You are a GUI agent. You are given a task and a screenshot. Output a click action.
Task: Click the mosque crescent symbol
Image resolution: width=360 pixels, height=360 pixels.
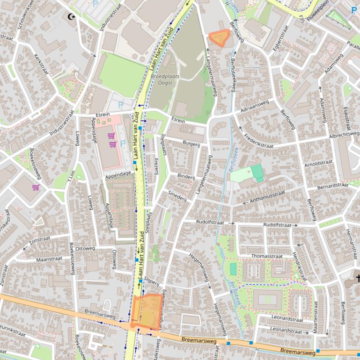(x=71, y=17)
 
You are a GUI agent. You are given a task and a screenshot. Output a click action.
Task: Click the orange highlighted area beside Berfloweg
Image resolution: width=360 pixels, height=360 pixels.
(x=219, y=38)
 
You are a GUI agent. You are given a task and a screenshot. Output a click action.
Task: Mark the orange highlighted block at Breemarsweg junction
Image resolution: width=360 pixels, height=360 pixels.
(x=147, y=310)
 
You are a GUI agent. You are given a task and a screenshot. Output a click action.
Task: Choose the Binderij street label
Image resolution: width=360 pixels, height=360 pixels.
(x=186, y=177)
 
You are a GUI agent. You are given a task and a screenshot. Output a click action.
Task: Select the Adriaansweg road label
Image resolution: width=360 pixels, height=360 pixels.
(x=255, y=108)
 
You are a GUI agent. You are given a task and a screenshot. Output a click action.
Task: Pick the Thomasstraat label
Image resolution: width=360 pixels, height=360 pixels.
(x=267, y=256)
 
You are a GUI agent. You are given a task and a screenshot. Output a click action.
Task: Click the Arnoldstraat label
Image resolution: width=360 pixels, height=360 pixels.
(x=318, y=164)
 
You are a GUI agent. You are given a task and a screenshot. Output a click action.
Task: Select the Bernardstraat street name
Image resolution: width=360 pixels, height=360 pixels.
(x=332, y=187)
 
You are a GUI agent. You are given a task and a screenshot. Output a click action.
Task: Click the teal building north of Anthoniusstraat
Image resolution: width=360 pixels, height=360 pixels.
(x=257, y=172)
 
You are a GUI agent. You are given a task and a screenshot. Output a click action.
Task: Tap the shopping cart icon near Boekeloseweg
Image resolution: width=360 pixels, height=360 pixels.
(x=36, y=187)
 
